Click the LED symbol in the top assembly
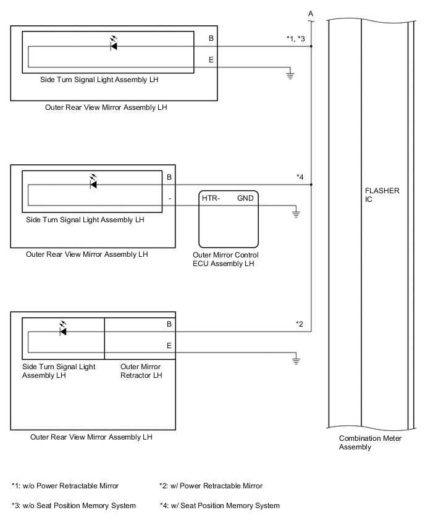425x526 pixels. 114,45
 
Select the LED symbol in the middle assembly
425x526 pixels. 93,183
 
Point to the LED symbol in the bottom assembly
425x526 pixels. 62,330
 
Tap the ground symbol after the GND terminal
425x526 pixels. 296,214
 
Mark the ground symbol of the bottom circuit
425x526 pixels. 297,360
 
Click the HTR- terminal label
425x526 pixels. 211,198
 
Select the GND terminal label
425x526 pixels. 246,198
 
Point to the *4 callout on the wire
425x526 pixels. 300,178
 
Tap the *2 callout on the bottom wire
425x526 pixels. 300,324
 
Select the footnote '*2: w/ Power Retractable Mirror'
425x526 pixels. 211,486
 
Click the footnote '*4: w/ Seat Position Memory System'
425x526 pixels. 219,506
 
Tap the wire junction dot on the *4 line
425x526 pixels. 311,185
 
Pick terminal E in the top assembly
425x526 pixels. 211,61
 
